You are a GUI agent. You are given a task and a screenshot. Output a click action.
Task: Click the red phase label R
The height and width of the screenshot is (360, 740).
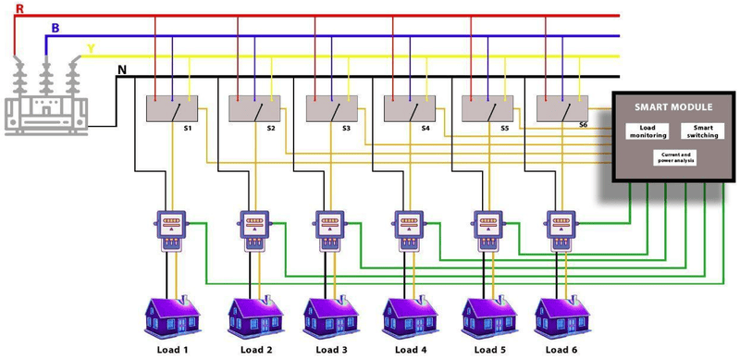pos(19,8)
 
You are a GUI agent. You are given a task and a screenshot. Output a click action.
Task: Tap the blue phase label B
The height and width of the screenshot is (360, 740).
pos(55,28)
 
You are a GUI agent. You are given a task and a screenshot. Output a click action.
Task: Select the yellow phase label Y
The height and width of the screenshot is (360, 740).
pos(90,47)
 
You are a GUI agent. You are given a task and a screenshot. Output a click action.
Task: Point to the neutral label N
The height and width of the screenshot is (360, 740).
pos(122,68)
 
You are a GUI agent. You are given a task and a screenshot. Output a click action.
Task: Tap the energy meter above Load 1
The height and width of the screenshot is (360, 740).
pos(170,229)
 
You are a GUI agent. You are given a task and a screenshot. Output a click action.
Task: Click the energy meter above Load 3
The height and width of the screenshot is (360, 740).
pos(331,229)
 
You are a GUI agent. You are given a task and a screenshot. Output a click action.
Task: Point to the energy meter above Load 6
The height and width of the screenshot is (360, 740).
pos(561,229)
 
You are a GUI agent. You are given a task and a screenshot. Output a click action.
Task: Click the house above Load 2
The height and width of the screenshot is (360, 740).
pos(255,316)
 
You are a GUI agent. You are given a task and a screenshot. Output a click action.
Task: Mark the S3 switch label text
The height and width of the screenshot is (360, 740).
pos(346,128)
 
